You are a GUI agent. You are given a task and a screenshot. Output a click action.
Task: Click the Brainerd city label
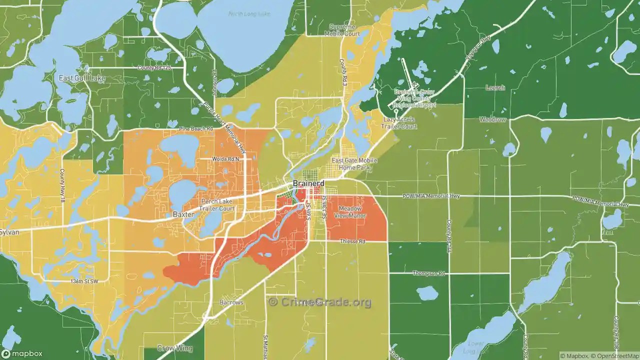308,183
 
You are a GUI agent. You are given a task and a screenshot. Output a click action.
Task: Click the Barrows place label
231,302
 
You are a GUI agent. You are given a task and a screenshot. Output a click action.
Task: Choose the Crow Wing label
172,348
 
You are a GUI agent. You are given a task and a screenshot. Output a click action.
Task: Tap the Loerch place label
495,88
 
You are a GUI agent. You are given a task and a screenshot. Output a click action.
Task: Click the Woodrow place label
492,120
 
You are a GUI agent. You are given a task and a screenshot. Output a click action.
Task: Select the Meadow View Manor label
352,212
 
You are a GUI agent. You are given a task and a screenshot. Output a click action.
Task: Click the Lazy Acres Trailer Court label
400,123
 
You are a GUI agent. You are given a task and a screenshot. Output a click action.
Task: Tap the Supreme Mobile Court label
342,30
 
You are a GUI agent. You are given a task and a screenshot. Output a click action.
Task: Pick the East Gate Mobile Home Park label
354,164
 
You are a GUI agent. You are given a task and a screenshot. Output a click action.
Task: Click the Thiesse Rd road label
353,241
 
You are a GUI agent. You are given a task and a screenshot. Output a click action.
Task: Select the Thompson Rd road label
428,273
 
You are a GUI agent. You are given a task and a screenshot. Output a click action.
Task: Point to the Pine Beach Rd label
196,129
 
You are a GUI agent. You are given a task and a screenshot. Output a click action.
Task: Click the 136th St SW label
84,281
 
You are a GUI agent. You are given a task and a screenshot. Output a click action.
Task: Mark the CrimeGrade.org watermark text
320,302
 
